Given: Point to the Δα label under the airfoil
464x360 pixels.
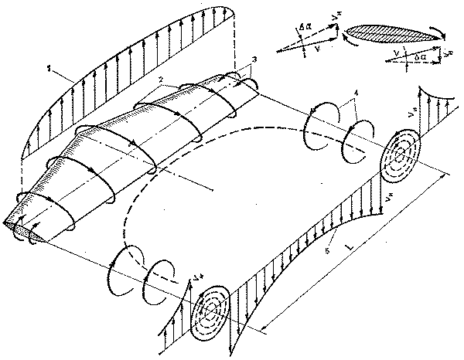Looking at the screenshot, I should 421,59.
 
